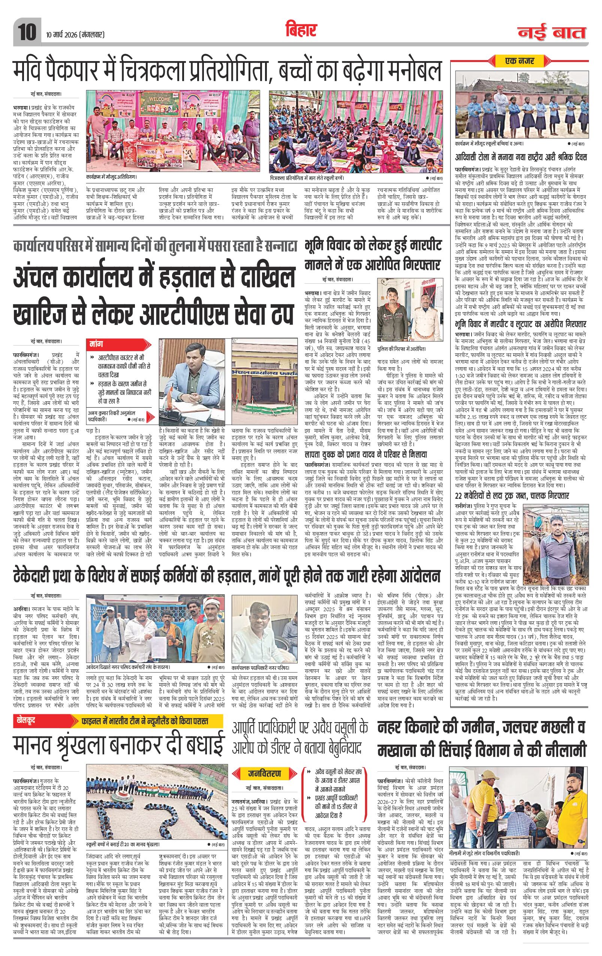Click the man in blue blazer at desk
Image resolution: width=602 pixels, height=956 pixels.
point(192,373)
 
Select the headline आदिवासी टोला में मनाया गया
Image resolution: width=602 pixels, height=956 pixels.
point(521,158)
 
